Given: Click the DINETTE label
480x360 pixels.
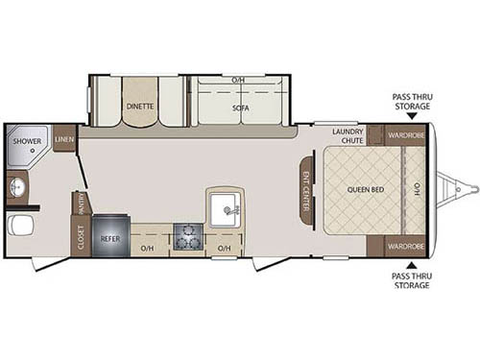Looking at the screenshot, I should coord(140,107).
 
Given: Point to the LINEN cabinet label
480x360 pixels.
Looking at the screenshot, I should coord(65,139).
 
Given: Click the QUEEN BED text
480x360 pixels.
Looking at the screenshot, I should coord(365,189).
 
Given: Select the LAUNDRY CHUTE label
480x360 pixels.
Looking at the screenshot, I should coord(348,134).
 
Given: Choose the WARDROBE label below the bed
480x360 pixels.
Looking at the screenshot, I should coord(406,245).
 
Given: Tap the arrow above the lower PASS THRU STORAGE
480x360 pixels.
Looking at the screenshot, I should coord(411,265).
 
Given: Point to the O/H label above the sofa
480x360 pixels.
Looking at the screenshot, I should coord(239,79).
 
